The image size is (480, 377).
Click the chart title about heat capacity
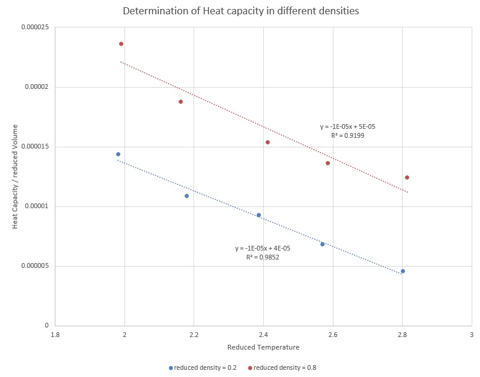click(x=241, y=11)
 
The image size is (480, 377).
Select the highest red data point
click(x=121, y=44)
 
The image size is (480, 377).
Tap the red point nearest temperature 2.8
click(x=407, y=177)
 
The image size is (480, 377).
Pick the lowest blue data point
click(x=403, y=271)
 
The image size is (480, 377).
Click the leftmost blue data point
click(x=118, y=154)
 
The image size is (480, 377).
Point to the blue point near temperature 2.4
click(x=258, y=215)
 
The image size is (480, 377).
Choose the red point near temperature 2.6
click(x=328, y=163)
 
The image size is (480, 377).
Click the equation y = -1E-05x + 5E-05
click(x=348, y=126)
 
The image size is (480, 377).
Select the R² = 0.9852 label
click(x=263, y=258)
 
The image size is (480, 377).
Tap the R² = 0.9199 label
click(x=348, y=135)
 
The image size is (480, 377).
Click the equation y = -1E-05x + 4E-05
click(x=263, y=248)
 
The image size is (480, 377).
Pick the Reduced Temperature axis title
click(x=263, y=347)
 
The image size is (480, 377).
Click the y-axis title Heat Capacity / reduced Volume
click(x=16, y=177)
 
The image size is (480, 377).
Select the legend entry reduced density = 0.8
click(x=282, y=367)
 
